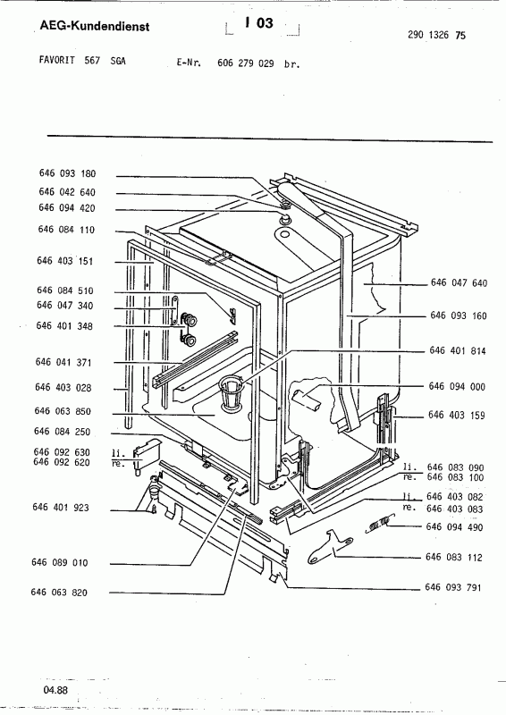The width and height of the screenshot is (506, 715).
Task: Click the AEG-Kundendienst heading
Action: (x=95, y=26)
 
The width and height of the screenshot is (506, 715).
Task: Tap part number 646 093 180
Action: (x=68, y=173)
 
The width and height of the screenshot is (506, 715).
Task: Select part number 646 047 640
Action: (x=459, y=282)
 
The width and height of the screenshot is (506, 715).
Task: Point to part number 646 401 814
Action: (x=458, y=350)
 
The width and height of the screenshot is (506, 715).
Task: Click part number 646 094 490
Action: (x=454, y=527)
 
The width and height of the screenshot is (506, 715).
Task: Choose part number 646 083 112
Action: (x=454, y=557)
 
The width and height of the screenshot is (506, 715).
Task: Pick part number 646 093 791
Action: (x=453, y=587)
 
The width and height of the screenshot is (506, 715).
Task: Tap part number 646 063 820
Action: (x=59, y=593)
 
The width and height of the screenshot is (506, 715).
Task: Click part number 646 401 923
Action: (x=61, y=508)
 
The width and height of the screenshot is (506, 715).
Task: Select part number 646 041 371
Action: (x=63, y=363)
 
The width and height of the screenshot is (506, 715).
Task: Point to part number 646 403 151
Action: (x=64, y=261)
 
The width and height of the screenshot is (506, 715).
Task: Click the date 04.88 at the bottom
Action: (x=55, y=690)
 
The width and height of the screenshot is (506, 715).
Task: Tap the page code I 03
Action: (x=259, y=23)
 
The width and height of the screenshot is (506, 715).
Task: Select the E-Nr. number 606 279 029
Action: (x=246, y=63)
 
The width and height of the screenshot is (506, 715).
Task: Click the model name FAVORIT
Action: (x=57, y=60)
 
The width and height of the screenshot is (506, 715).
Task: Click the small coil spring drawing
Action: (x=378, y=524)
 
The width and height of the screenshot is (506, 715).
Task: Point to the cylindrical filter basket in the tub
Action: (x=232, y=391)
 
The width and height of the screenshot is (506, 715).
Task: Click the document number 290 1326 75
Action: (x=436, y=35)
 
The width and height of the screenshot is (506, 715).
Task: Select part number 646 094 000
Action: (x=457, y=387)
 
